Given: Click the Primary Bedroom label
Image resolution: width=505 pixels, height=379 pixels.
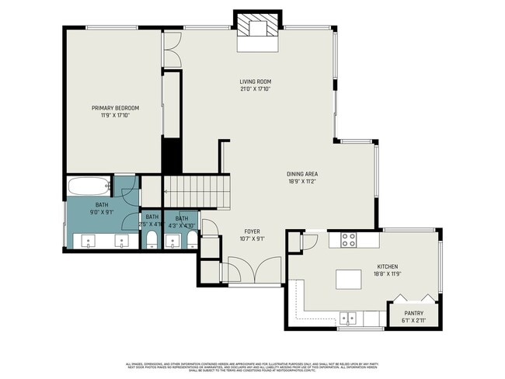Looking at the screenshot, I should pos(115,108).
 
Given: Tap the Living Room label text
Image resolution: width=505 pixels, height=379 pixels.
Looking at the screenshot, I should pos(255,82).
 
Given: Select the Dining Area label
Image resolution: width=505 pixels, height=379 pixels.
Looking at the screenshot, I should pos(302,174).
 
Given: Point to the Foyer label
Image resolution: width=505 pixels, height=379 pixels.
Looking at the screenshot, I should pos(252,231).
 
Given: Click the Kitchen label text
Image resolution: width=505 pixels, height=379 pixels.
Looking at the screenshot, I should pos(388,266).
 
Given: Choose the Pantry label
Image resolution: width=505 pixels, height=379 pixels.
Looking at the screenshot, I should pos(413,313).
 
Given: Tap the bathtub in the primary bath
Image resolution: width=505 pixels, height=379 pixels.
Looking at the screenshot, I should pos(88,186).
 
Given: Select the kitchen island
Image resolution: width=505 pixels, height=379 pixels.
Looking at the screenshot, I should pos(350,277).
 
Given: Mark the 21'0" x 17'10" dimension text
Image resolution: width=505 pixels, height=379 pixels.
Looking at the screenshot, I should pos(255,89).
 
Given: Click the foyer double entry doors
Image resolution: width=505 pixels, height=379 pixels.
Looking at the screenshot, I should pos(250,272).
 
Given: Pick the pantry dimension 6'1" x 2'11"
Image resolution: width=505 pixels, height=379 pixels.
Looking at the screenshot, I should pos(413,320).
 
